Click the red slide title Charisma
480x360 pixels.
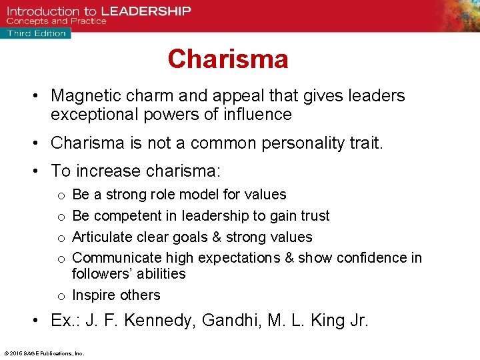tap(228, 59)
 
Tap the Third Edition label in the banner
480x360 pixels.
tap(37, 33)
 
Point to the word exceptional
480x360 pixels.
tap(93, 115)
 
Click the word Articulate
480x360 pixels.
tap(102, 237)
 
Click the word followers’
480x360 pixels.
tap(100, 274)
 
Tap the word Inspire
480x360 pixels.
tap(91, 295)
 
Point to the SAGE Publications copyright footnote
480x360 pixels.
tap(44, 353)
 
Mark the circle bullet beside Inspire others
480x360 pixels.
tap(61, 296)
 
